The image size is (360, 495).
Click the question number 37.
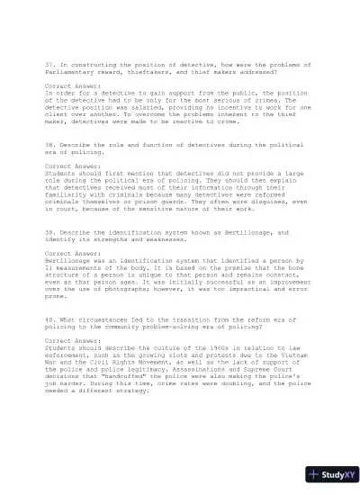coord(49,66)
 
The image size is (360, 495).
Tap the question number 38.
coord(49,146)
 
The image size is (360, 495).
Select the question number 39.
coord(49,232)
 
